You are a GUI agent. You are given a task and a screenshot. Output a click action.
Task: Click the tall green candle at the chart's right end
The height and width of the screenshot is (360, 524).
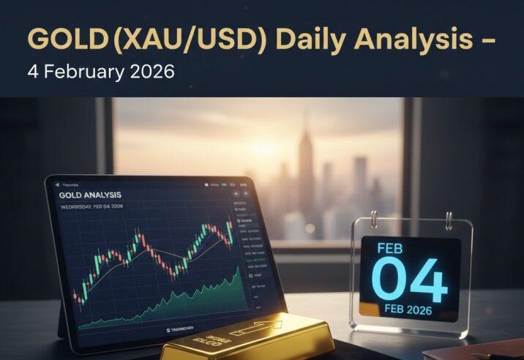(229, 232)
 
